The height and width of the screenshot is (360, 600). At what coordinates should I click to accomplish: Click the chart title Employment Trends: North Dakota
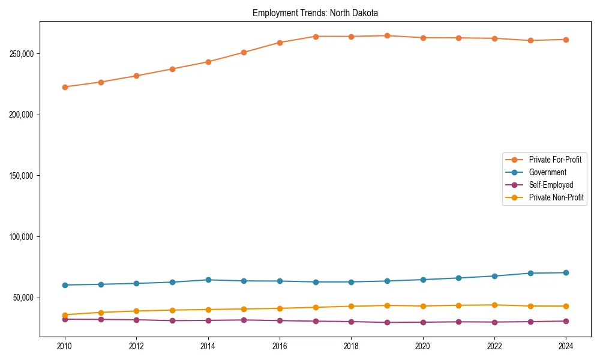(x=315, y=13)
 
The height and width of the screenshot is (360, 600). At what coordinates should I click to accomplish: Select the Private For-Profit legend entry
(x=555, y=160)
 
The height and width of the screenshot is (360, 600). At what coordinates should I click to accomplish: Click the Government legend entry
(x=547, y=172)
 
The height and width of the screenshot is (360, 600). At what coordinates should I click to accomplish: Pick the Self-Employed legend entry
(x=551, y=185)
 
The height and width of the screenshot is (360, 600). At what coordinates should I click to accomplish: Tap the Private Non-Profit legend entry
(x=556, y=197)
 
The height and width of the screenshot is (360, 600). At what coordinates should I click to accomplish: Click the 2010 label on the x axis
(x=65, y=346)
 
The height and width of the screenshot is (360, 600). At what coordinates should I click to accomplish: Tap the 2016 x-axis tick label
(x=280, y=346)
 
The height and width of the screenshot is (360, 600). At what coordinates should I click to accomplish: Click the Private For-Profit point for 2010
(x=65, y=87)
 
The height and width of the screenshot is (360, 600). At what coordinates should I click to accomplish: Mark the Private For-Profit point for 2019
(x=387, y=36)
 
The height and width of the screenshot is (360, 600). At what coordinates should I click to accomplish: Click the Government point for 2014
(x=208, y=280)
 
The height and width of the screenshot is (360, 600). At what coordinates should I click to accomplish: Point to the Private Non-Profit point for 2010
(x=65, y=315)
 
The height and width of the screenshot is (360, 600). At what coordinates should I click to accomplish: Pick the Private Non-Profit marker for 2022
(x=494, y=305)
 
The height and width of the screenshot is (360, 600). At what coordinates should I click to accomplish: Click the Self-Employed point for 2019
(x=387, y=322)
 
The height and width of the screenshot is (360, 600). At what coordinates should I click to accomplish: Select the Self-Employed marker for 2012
(x=136, y=320)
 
